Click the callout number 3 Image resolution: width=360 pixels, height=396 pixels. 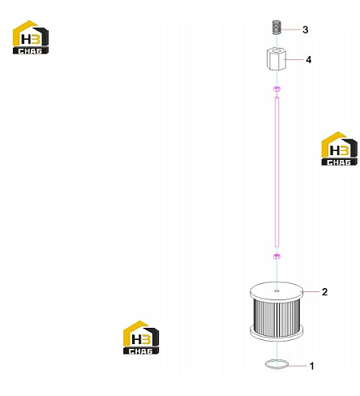(x=305, y=30)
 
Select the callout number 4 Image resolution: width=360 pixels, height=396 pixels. (x=308, y=60)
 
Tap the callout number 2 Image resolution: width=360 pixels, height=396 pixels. (x=324, y=292)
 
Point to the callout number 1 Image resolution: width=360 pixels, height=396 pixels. (x=312, y=366)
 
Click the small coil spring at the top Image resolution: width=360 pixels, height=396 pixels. (x=276, y=28)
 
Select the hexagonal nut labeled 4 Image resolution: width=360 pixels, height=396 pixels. (x=275, y=59)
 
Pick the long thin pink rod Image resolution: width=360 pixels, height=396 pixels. (x=276, y=172)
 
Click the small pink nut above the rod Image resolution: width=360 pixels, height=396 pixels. (x=276, y=89)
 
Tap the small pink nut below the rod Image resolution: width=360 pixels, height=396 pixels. (x=276, y=256)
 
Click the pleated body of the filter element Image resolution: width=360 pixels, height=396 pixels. (x=276, y=318)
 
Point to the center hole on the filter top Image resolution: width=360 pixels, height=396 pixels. (x=276, y=291)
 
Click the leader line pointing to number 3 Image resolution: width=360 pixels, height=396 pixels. (x=291, y=29)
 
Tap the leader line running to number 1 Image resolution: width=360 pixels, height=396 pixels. (x=298, y=366)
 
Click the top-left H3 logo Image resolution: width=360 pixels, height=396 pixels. (x=31, y=37)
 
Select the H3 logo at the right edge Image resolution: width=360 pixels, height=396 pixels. (x=339, y=148)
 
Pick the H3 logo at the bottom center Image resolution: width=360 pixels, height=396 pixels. (x=141, y=338)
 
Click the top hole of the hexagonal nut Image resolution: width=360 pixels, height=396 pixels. (x=276, y=51)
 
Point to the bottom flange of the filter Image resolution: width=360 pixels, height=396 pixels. (x=276, y=334)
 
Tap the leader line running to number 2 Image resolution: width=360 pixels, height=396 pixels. (x=311, y=292)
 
